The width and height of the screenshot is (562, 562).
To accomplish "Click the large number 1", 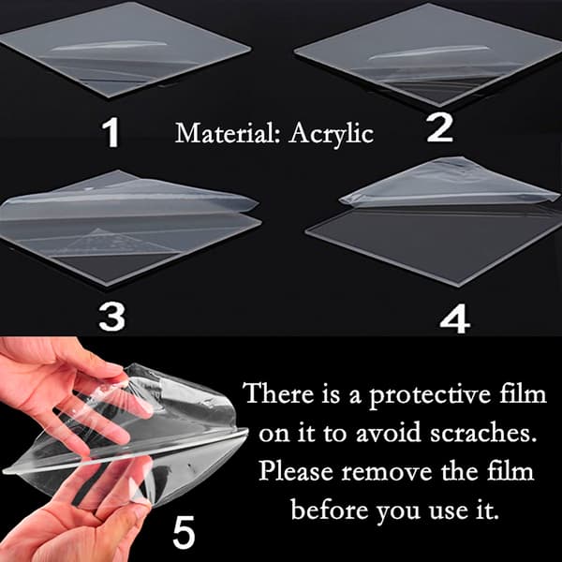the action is coord(111,132).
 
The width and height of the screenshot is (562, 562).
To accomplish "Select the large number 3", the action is coord(111,316).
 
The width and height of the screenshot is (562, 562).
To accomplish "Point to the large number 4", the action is coord(454,318).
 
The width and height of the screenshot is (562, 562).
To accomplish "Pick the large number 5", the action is coord(184,532).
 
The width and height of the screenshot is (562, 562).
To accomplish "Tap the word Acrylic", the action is coord(332,134).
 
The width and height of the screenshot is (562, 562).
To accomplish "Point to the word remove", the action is coord(387,471).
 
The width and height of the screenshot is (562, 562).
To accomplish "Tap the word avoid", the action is coord(389,432).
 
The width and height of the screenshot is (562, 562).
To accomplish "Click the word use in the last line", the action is coord(448,510).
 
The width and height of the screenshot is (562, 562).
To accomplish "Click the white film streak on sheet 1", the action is coord(110,46).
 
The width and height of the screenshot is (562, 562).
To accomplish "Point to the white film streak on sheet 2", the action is coord(428,52).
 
